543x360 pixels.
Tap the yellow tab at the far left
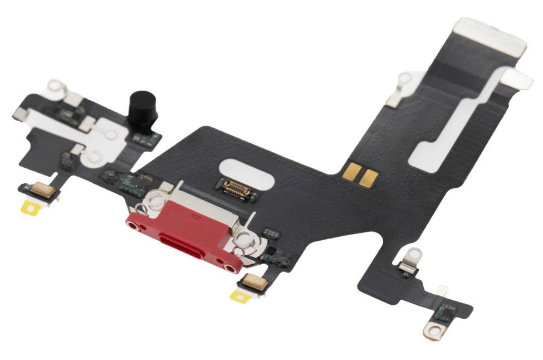[30, 208]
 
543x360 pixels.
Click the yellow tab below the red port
[239, 295]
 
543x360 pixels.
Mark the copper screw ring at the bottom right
[435, 331]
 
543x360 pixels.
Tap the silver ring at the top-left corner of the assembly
[56, 87]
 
